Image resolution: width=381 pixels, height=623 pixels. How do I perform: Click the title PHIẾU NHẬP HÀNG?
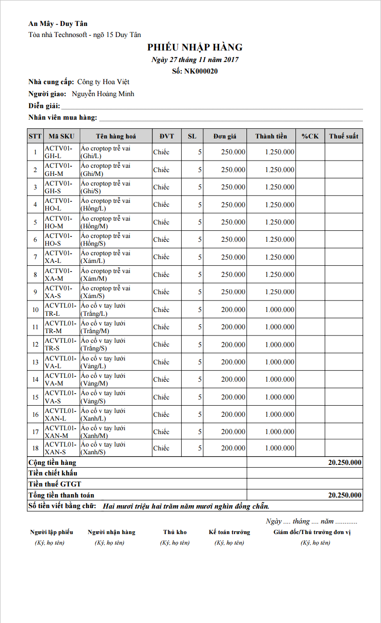click(x=195, y=47)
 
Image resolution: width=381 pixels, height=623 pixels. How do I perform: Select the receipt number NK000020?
click(x=201, y=71)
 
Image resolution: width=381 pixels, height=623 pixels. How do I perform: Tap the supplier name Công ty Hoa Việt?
click(x=103, y=82)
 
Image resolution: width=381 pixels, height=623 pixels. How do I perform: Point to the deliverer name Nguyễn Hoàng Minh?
click(x=103, y=94)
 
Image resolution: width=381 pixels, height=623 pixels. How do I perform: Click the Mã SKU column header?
click(x=61, y=136)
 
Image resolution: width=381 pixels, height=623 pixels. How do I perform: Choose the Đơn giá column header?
click(x=225, y=136)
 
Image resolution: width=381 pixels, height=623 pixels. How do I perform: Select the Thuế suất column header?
click(x=344, y=136)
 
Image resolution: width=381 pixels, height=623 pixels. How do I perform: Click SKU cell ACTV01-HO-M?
click(x=59, y=222)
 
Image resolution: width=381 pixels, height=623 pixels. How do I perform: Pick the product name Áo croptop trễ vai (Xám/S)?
click(x=105, y=292)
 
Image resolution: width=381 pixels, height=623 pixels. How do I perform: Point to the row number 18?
click(x=36, y=448)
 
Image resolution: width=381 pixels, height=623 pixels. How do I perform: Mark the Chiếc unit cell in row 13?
click(x=161, y=362)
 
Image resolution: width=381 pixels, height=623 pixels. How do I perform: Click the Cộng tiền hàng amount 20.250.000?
click(x=344, y=462)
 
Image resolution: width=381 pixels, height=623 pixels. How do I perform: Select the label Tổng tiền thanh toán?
click(x=61, y=495)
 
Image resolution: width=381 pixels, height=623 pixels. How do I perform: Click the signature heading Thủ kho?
click(x=175, y=532)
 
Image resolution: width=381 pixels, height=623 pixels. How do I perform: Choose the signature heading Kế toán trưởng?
click(x=229, y=532)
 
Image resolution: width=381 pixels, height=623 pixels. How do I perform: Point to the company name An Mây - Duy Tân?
click(x=58, y=24)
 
